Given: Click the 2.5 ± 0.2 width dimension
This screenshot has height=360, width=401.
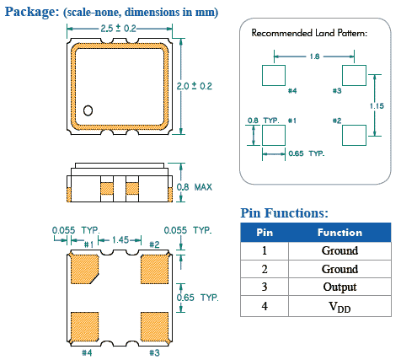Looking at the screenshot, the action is tap(118, 29).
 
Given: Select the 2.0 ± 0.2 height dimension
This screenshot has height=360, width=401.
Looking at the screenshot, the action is tap(195, 86).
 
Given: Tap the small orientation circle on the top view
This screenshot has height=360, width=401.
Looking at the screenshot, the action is tap(88, 110).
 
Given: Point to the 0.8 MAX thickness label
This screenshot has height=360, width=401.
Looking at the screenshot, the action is tap(195, 187).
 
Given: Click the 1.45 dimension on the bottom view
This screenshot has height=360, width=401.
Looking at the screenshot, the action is tap(120, 240).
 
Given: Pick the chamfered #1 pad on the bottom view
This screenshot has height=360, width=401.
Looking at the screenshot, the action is tap(84, 269).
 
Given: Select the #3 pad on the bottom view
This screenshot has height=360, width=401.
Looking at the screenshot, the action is tap(155, 326).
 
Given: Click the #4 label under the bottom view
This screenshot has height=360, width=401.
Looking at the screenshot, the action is tap(87, 352).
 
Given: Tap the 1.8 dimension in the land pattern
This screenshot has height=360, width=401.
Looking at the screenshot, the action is tap(315, 56).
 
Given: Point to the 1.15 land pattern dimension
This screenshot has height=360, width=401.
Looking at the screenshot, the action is tap(377, 106).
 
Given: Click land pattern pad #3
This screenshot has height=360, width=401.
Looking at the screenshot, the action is tap(354, 75).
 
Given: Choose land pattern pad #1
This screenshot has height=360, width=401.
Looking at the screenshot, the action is tap(274, 136).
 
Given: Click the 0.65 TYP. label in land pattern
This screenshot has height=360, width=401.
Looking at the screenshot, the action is tap(307, 153).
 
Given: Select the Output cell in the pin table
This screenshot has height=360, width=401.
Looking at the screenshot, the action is tap(340, 287).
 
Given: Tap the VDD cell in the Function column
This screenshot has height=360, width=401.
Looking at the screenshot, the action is tap(340, 306).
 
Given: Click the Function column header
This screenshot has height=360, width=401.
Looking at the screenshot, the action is tap(340, 233).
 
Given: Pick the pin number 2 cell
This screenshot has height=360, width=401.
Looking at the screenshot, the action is tap(265, 269).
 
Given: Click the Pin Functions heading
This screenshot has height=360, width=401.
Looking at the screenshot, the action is tap(284, 212).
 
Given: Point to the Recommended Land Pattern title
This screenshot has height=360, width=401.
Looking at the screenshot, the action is tap(309, 33).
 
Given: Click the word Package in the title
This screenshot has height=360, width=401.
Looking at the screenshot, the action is tap(32, 12).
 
